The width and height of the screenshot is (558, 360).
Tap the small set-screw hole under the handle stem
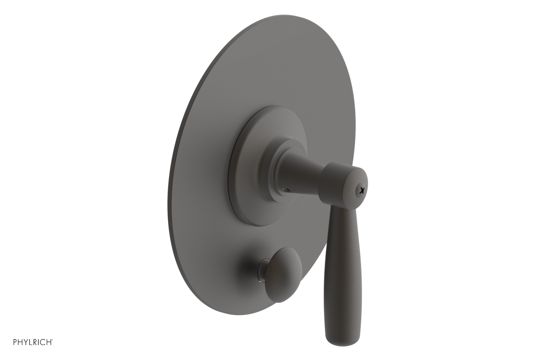[287, 188]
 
